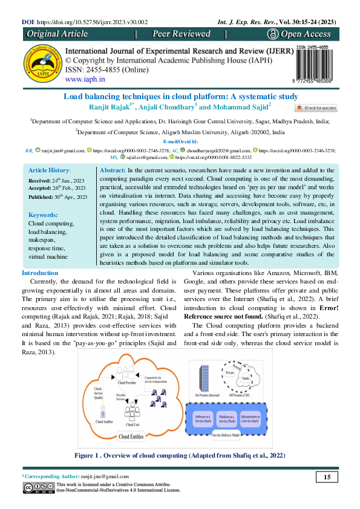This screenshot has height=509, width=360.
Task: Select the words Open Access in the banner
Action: click(308, 34)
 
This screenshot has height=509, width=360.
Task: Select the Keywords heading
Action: click(43, 215)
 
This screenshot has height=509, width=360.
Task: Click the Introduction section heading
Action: click(40, 274)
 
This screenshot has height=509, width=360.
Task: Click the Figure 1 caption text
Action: click(179, 455)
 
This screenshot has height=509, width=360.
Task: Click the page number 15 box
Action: click(327, 478)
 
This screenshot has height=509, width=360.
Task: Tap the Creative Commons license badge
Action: click(38, 488)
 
